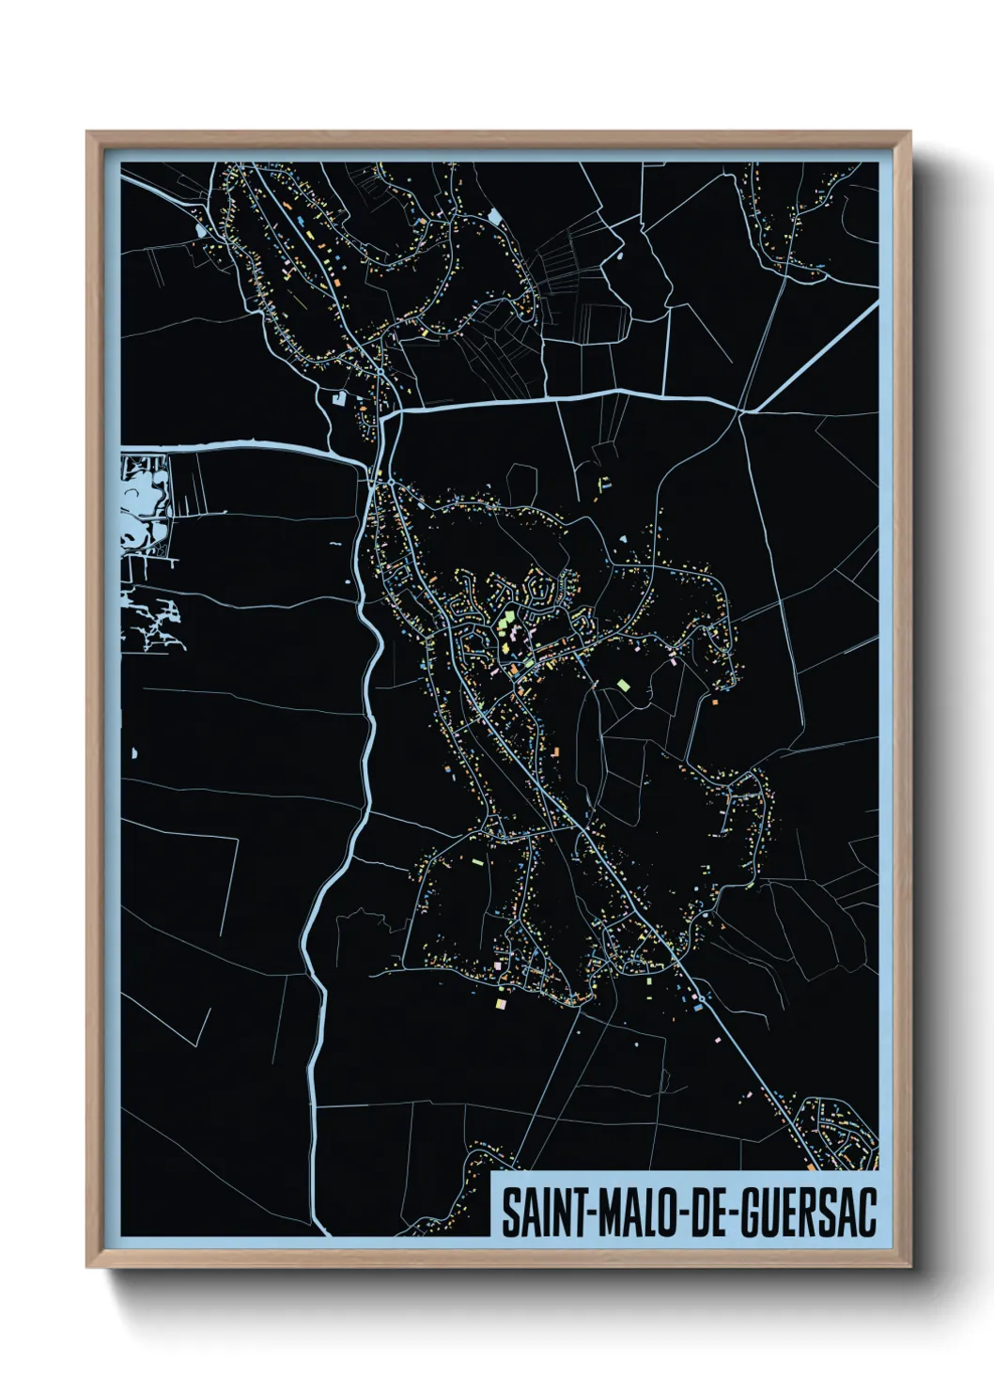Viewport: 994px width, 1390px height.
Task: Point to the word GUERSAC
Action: (x=809, y=1212)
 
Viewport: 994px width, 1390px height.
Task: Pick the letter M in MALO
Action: (x=602, y=1212)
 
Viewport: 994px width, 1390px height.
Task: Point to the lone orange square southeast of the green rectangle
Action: (x=714, y=702)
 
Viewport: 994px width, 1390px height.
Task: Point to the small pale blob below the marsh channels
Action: (x=133, y=752)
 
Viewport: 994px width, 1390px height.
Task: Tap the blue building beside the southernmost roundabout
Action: (x=699, y=1008)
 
